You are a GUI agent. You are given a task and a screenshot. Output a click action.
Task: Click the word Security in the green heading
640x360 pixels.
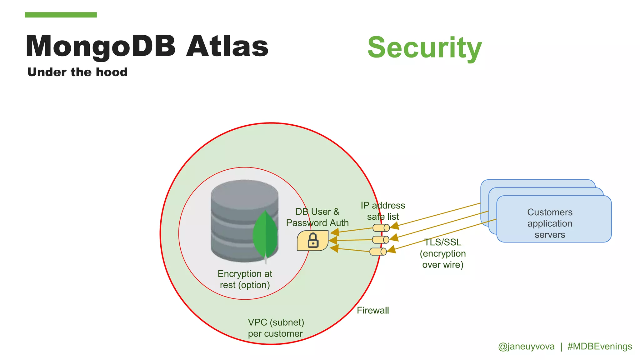(x=424, y=47)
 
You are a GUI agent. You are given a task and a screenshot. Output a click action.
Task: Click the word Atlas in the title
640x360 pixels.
(x=227, y=46)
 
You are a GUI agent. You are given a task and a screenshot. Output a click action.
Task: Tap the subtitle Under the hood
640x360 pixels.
(x=77, y=72)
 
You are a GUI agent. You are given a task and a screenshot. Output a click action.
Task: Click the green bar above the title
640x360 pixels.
(x=61, y=15)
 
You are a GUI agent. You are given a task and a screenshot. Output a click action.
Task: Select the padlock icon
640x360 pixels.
(x=313, y=241)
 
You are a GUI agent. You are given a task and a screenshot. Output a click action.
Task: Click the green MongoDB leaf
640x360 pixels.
(x=265, y=234)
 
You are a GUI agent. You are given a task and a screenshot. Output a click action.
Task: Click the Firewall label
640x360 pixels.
(x=373, y=310)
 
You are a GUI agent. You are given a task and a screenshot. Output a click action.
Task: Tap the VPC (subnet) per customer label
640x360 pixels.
(x=276, y=328)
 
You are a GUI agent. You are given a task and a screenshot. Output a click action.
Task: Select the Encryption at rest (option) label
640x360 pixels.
(x=245, y=279)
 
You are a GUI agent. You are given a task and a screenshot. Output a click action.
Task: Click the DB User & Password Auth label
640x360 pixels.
(x=317, y=217)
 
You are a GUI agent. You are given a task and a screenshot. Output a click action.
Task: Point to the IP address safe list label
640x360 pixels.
(x=383, y=211)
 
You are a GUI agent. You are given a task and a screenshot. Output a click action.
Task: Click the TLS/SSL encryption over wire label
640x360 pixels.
(x=442, y=253)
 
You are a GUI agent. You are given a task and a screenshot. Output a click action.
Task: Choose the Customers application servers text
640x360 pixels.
(x=550, y=223)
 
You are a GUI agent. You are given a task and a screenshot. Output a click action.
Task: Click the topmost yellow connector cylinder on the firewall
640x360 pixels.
(x=381, y=227)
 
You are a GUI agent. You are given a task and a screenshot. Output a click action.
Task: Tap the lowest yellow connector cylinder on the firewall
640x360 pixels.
(x=378, y=252)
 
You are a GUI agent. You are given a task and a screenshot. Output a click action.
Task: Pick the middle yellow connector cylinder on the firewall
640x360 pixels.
(x=380, y=240)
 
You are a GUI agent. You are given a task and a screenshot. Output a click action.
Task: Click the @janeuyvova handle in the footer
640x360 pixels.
(x=526, y=346)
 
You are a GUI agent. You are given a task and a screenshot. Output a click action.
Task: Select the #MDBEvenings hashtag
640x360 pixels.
(x=600, y=346)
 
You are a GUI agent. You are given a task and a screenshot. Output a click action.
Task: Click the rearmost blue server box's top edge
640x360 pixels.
(x=537, y=180)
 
